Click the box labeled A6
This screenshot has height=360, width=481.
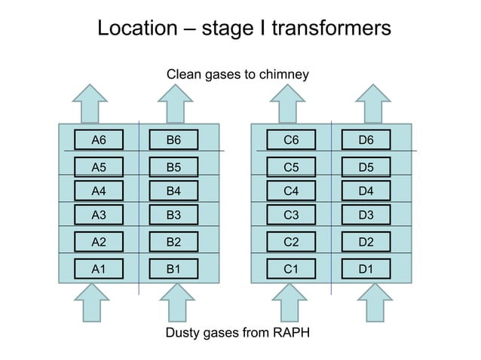98,139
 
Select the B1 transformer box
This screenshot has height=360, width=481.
173,267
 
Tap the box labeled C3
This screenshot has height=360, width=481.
290,215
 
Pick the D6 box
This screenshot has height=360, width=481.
366,139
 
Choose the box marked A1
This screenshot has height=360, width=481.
98,267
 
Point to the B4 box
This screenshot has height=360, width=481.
173,191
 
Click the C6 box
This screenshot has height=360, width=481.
290,139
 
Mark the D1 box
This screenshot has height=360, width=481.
366,267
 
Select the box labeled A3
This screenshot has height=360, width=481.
98,215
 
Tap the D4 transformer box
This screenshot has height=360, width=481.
366,191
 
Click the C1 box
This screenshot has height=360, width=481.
290,267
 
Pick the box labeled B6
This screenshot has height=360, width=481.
173,139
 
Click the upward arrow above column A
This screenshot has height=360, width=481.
90,102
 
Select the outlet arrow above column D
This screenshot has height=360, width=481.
375,102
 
